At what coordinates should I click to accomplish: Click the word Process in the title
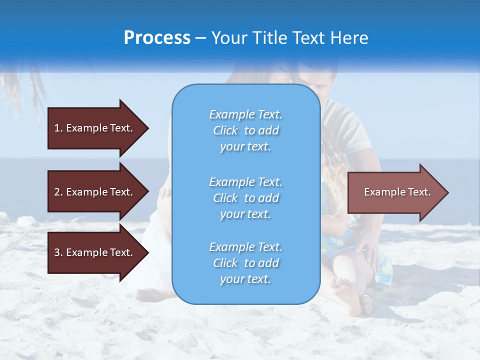pos(157,38)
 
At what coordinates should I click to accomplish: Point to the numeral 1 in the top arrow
pos(57,128)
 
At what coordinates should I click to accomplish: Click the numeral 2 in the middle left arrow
pos(57,192)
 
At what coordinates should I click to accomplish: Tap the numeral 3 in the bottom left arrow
pos(57,252)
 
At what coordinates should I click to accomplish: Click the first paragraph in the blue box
pos(245,130)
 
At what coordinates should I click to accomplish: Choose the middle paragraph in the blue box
pos(245,198)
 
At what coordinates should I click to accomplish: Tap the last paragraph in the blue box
pos(245,263)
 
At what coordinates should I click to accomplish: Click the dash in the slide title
pos(201,38)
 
